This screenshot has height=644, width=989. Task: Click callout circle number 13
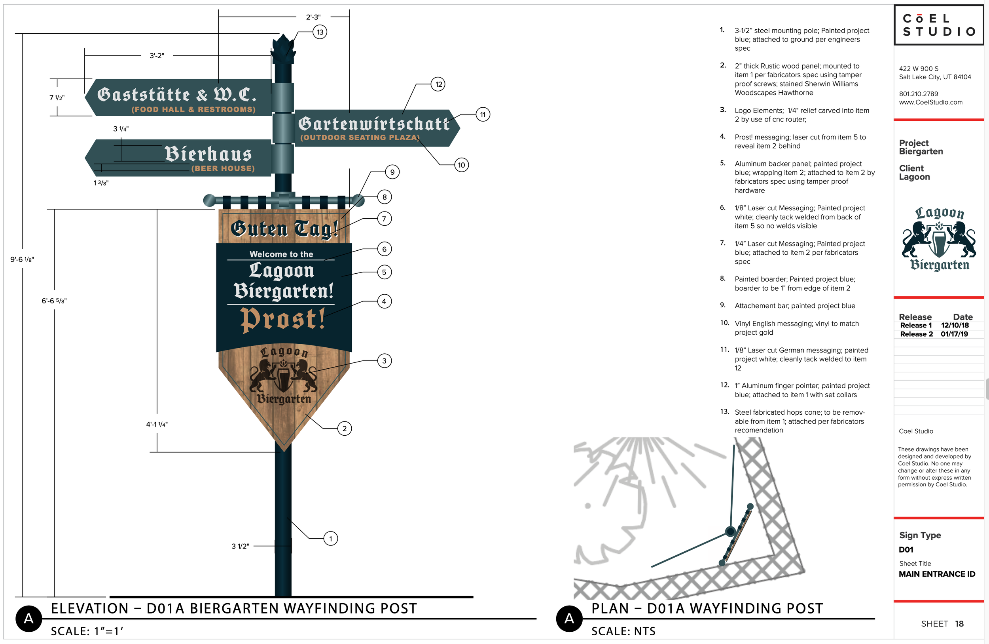320,32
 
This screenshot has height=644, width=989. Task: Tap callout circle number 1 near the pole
331,539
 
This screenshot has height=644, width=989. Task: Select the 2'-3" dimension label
313,17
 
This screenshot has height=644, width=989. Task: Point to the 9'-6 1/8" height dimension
22,259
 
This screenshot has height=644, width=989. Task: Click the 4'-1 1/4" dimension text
157,424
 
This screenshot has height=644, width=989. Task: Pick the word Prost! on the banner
282,320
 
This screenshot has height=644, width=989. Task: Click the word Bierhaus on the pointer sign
208,154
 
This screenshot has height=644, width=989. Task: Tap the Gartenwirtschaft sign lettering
373,124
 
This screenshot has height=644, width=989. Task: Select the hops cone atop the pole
283,49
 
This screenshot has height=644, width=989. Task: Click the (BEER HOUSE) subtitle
223,168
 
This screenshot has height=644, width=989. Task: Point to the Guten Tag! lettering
284,229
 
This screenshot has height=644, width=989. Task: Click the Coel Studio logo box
939,25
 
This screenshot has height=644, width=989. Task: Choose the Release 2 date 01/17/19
955,334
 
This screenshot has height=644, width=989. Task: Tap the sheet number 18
959,624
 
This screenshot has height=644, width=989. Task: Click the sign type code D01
906,550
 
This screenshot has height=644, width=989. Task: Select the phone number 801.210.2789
918,94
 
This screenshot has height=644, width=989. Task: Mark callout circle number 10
461,165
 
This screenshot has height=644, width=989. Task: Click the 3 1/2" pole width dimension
240,546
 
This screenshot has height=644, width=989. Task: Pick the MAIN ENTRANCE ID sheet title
937,574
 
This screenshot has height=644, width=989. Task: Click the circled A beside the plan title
569,619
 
